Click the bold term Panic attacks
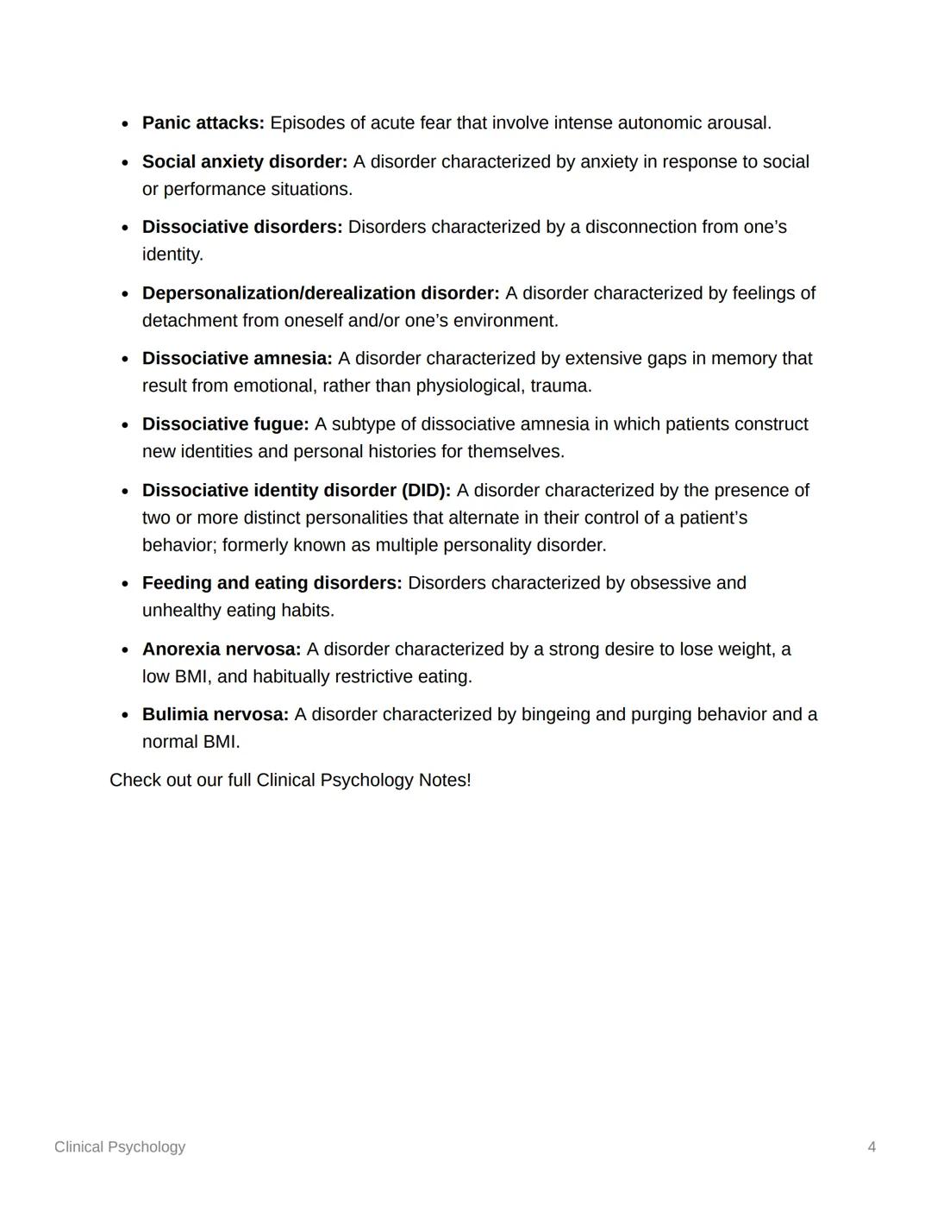point(203,123)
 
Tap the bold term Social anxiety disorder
point(244,162)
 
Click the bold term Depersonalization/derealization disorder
point(320,293)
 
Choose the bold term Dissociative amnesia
point(236,359)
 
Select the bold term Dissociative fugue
point(225,424)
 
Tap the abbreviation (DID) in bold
point(426,491)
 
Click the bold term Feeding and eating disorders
point(272,583)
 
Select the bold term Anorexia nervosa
point(221,650)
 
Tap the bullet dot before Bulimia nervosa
point(126,716)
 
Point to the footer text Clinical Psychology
point(120,1147)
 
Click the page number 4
point(872,1147)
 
